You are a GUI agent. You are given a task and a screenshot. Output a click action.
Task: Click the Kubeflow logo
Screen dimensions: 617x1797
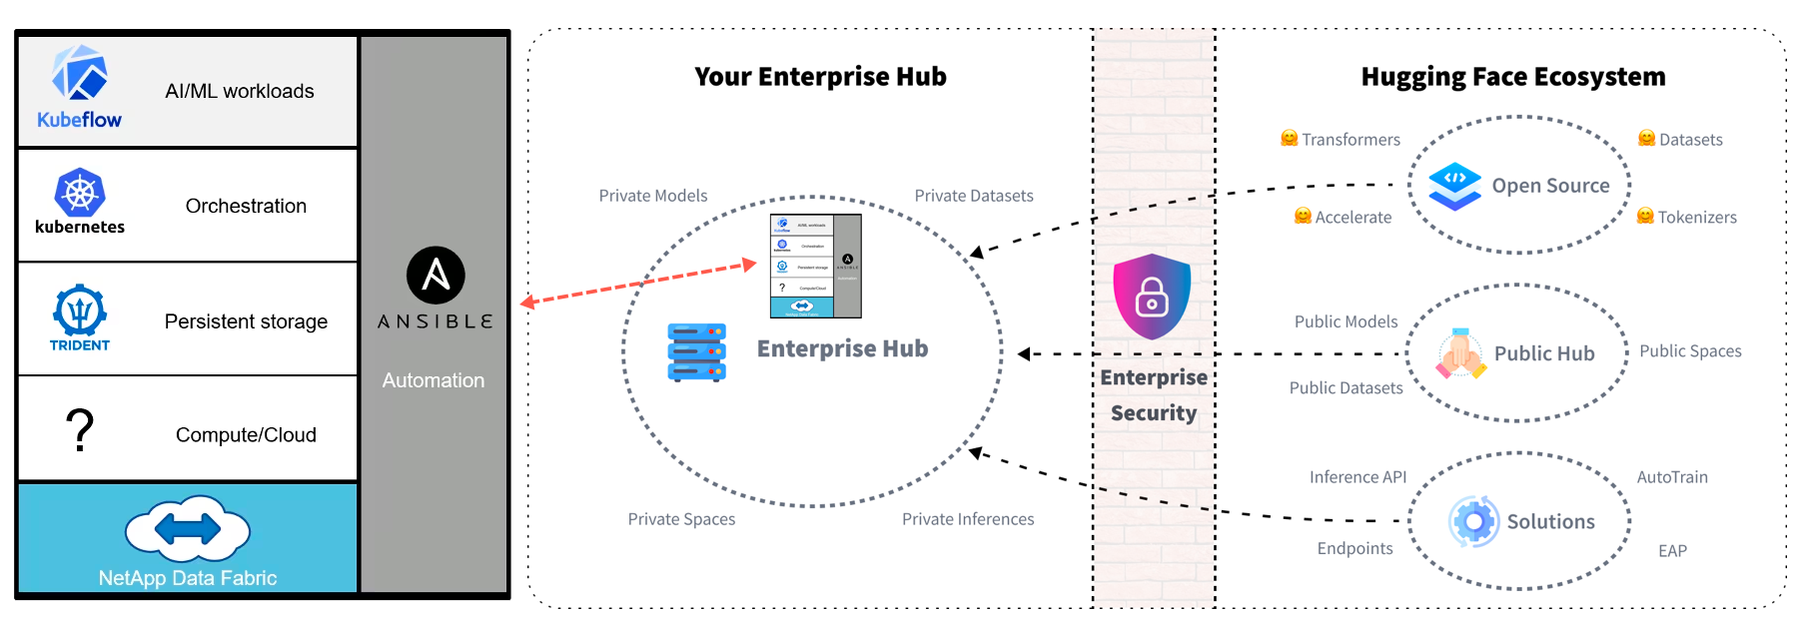click(80, 75)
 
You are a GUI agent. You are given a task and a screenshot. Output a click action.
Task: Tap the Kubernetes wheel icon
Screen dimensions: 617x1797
click(80, 193)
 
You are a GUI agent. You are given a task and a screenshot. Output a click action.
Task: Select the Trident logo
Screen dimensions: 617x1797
click(80, 311)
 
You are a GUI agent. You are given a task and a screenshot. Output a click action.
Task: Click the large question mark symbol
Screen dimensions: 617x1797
click(80, 430)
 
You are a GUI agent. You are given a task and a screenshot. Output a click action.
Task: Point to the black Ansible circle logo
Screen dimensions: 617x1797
click(436, 275)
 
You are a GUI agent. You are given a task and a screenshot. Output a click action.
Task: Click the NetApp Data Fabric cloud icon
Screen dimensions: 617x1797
click(188, 528)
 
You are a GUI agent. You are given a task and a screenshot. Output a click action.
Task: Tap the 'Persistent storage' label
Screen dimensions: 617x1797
click(246, 321)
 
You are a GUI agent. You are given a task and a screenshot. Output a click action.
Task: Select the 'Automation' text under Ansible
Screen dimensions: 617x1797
click(434, 380)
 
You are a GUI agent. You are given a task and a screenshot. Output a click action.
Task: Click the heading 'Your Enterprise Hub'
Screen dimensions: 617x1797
click(820, 77)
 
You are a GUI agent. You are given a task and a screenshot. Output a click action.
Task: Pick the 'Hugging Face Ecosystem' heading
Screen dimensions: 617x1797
click(1512, 77)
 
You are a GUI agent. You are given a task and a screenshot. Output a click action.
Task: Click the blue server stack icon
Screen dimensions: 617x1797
click(696, 351)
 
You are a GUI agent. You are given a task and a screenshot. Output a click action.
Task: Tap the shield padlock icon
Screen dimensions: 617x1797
click(1152, 297)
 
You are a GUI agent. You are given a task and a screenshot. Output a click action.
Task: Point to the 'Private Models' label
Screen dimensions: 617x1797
click(653, 196)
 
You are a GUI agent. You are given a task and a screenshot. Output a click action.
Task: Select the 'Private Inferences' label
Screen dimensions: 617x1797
click(968, 519)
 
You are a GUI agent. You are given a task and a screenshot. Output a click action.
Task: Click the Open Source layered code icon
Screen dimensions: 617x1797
click(1454, 186)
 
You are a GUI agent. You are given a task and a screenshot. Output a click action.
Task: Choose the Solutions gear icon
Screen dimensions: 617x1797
click(1474, 521)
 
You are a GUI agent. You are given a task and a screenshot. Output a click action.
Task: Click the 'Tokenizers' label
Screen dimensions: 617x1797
click(1697, 218)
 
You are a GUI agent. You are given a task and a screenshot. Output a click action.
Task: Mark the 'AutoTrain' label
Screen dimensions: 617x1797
click(1672, 477)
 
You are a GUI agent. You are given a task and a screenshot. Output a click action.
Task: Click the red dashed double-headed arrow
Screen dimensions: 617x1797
click(639, 284)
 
